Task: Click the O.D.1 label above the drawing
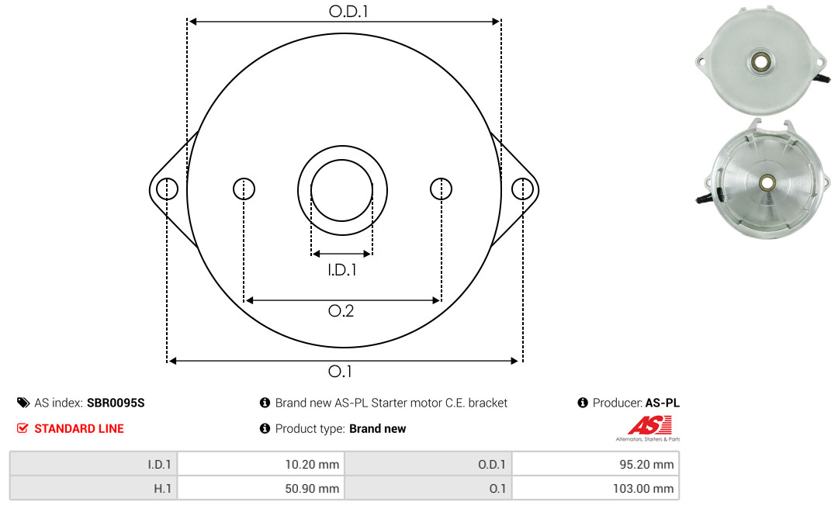coord(348,11)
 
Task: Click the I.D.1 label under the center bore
coord(342,270)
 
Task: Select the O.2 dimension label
coord(341,310)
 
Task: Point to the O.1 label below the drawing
coord(340,371)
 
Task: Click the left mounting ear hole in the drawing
coord(168,189)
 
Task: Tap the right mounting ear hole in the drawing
coord(522,189)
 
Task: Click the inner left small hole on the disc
coord(244,189)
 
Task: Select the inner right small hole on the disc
coord(441,189)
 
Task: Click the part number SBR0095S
coord(116,403)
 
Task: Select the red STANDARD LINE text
coord(79,429)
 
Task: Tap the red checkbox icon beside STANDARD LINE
coord(23,428)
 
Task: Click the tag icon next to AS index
coord(23,403)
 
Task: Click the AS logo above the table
coord(648,428)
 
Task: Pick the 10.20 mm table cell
coord(261,464)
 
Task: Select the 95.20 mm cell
coord(595,464)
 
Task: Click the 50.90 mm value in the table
coord(312,489)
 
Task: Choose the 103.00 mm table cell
coord(595,489)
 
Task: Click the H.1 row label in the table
coord(162,489)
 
